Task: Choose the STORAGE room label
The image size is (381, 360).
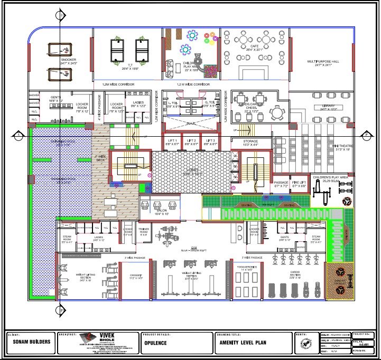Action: coord(251,142)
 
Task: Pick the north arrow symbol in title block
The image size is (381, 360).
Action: coord(304,342)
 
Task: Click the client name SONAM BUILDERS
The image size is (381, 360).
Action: coord(32,342)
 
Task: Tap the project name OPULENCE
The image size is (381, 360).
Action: coord(156,343)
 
